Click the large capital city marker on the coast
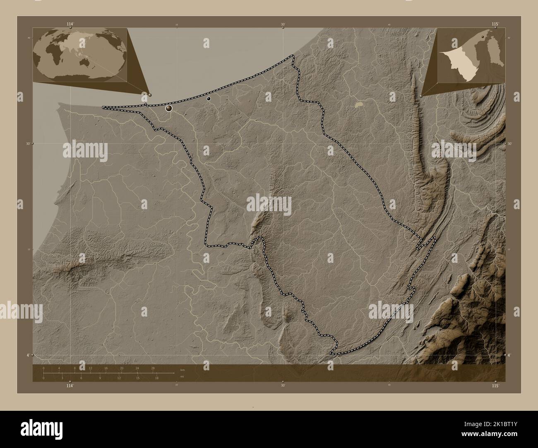pos(169,108)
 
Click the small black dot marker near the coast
pos(209,98)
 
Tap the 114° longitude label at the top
pos(70,24)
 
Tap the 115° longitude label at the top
pos(495,24)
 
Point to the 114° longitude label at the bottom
pos(70,385)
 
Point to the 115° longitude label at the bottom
pos(495,385)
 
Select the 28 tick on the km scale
pos(153,368)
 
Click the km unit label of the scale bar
pos(183,369)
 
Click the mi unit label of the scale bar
pos(183,376)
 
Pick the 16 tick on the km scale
pos(106,368)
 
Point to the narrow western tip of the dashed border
pos(104,107)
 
